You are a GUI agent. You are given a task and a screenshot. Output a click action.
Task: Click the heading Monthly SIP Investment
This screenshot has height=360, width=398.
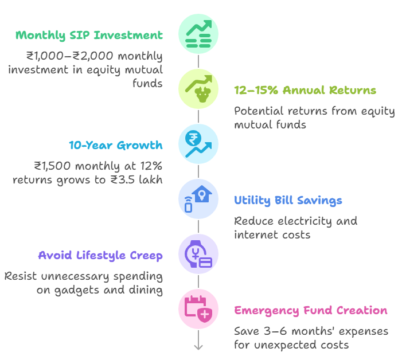click(x=89, y=36)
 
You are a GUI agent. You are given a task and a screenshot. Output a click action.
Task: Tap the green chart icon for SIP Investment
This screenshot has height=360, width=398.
click(x=198, y=34)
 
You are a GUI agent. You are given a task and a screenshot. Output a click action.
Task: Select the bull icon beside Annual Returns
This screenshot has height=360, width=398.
click(x=198, y=89)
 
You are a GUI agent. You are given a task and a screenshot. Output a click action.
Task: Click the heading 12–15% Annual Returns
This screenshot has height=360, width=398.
click(x=305, y=90)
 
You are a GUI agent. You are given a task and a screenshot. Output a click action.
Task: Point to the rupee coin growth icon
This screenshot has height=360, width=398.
click(x=198, y=144)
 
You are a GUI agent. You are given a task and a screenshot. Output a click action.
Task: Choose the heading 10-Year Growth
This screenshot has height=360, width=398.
click(x=116, y=146)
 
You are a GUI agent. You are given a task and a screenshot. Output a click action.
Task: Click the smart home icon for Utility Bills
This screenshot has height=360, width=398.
click(x=198, y=199)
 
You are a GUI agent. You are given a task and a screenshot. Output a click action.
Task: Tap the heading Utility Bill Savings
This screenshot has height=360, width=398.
click(x=288, y=201)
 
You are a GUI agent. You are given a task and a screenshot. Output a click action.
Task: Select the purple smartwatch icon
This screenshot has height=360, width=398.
click(x=198, y=254)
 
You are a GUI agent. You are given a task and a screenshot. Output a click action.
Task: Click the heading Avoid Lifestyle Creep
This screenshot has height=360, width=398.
click(x=100, y=256)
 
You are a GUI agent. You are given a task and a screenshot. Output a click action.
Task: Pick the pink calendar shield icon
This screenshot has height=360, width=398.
click(x=198, y=309)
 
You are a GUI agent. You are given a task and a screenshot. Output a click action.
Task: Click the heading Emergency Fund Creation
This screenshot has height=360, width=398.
click(x=311, y=311)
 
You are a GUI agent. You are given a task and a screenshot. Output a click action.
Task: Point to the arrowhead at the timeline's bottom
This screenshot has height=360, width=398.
click(x=198, y=347)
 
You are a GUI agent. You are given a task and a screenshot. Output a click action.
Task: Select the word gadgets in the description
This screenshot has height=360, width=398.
click(x=77, y=290)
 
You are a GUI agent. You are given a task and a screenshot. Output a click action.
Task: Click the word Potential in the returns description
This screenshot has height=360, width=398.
click(x=259, y=111)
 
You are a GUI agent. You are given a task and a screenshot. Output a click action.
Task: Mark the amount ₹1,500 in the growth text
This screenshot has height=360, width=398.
click(x=52, y=166)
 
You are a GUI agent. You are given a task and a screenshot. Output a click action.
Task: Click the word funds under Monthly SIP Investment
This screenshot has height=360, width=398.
click(x=147, y=83)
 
